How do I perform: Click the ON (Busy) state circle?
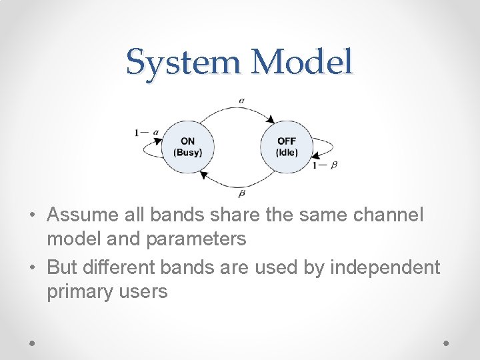click(188, 147)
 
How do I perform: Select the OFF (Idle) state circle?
click(286, 147)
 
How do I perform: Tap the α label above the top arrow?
click(241, 101)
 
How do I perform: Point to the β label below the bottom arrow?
click(241, 193)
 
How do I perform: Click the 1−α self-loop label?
click(147, 132)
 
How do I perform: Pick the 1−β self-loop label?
click(325, 163)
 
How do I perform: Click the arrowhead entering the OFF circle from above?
click(269, 120)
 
